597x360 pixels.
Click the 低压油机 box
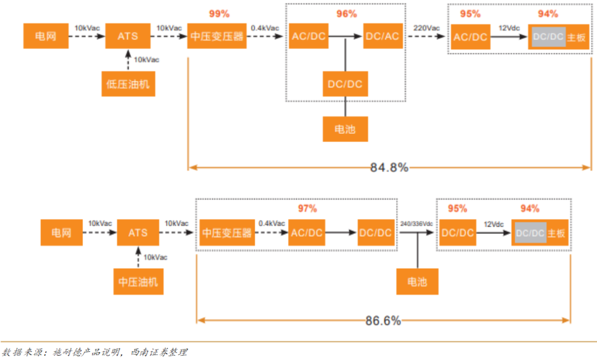pos(128,84)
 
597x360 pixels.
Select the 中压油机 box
pos(138,281)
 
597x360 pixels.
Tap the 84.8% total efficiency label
pos(389,167)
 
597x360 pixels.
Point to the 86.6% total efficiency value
pos(383,321)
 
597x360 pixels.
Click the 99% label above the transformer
pos(219,14)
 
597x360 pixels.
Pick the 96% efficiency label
pos(347,14)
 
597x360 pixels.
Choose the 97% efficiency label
pos(307,208)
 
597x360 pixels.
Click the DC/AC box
pos(383,36)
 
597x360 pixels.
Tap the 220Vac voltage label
pos(426,28)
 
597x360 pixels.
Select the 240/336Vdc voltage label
pos(416,223)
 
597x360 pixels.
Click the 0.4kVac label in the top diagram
pos(265,28)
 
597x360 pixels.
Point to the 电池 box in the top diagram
pos(345,129)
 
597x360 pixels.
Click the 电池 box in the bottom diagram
pos(417,281)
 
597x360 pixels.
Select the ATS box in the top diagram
pos(128,36)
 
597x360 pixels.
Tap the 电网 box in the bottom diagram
pos(62,232)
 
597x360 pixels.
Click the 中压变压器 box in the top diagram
pos(217,36)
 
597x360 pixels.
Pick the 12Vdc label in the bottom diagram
pos(494,225)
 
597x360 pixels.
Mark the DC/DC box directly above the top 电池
pos(345,84)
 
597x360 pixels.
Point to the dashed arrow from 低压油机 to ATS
pos(128,60)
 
